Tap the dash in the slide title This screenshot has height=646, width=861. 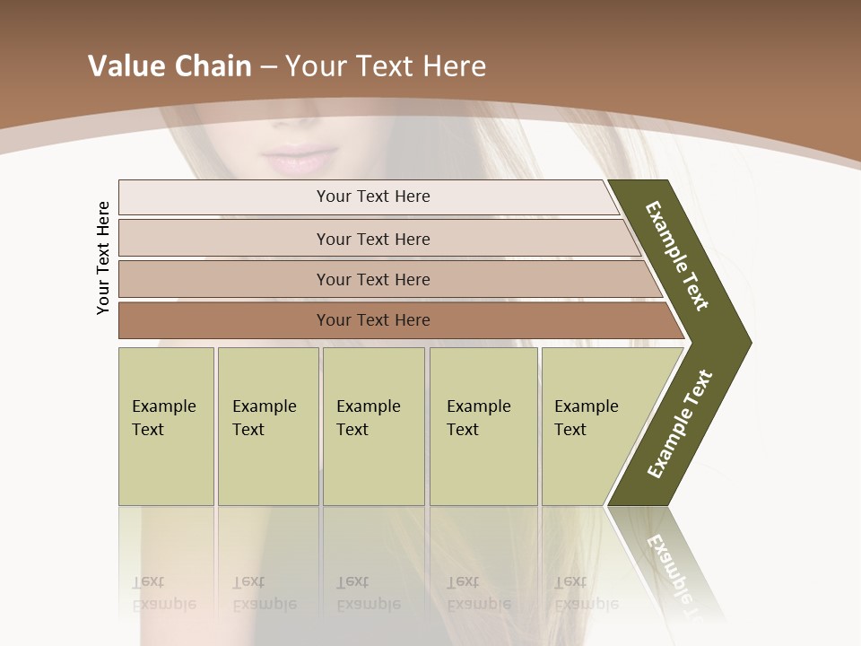click(268, 67)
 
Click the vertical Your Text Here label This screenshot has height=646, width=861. click(103, 258)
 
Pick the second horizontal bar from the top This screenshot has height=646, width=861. click(372, 239)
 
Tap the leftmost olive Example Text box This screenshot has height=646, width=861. click(166, 426)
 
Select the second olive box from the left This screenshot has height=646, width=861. click(268, 426)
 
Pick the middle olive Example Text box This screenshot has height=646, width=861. click(373, 426)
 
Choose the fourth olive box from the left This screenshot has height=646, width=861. click(483, 426)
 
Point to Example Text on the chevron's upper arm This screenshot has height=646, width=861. click(677, 256)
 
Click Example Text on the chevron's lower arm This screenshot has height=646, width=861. click(680, 424)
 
